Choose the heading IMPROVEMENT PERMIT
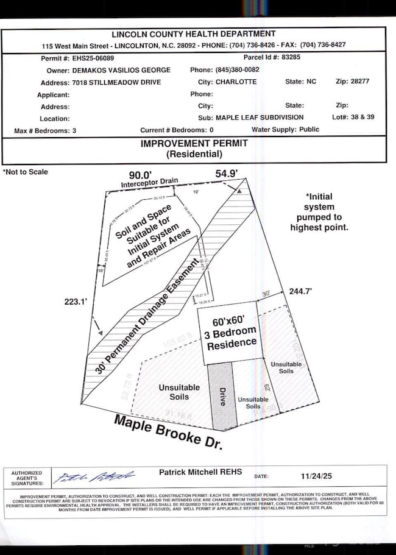194,143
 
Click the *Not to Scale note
26,172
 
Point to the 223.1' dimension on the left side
77,301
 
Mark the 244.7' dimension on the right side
301,291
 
